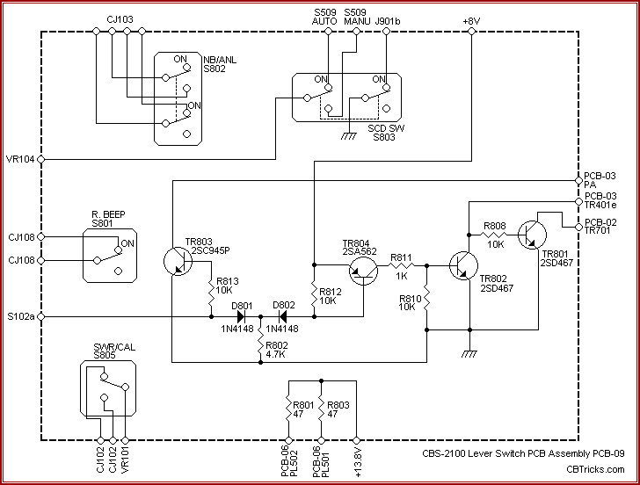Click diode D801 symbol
pos(239,315)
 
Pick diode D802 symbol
pos(281,315)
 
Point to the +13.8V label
pos(357,460)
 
